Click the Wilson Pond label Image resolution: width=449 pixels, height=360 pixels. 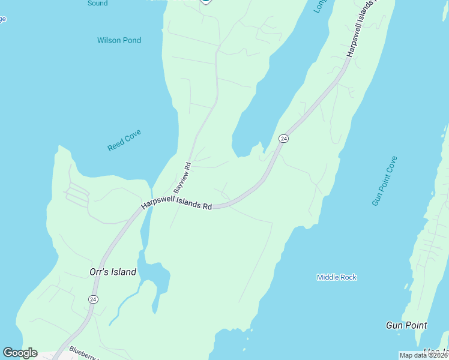(119, 40)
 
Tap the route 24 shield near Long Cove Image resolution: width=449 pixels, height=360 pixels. (284, 139)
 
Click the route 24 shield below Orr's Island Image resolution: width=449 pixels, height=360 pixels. (93, 299)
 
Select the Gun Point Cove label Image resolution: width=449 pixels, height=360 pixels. (384, 181)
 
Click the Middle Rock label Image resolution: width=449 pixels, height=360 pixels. (337, 277)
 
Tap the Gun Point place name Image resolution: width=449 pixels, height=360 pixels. (406, 325)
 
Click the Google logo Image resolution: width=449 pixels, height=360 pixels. (20, 353)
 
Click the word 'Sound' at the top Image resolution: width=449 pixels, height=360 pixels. (97, 3)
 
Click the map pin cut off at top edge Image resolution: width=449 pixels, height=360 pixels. (205, 1)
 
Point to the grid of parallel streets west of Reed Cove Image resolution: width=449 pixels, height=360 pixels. (77, 195)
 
